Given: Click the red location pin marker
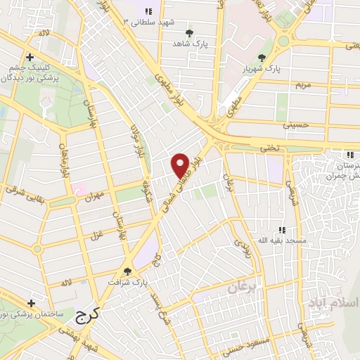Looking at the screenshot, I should pyautogui.click(x=181, y=165).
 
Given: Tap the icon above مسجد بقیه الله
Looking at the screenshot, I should pyautogui.click(x=281, y=230).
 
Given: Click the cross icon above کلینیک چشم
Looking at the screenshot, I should pyautogui.click(x=29, y=57).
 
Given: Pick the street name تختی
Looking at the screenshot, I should pyautogui.click(x=271, y=148).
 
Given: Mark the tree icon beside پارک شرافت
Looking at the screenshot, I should pyautogui.click(x=127, y=271).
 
